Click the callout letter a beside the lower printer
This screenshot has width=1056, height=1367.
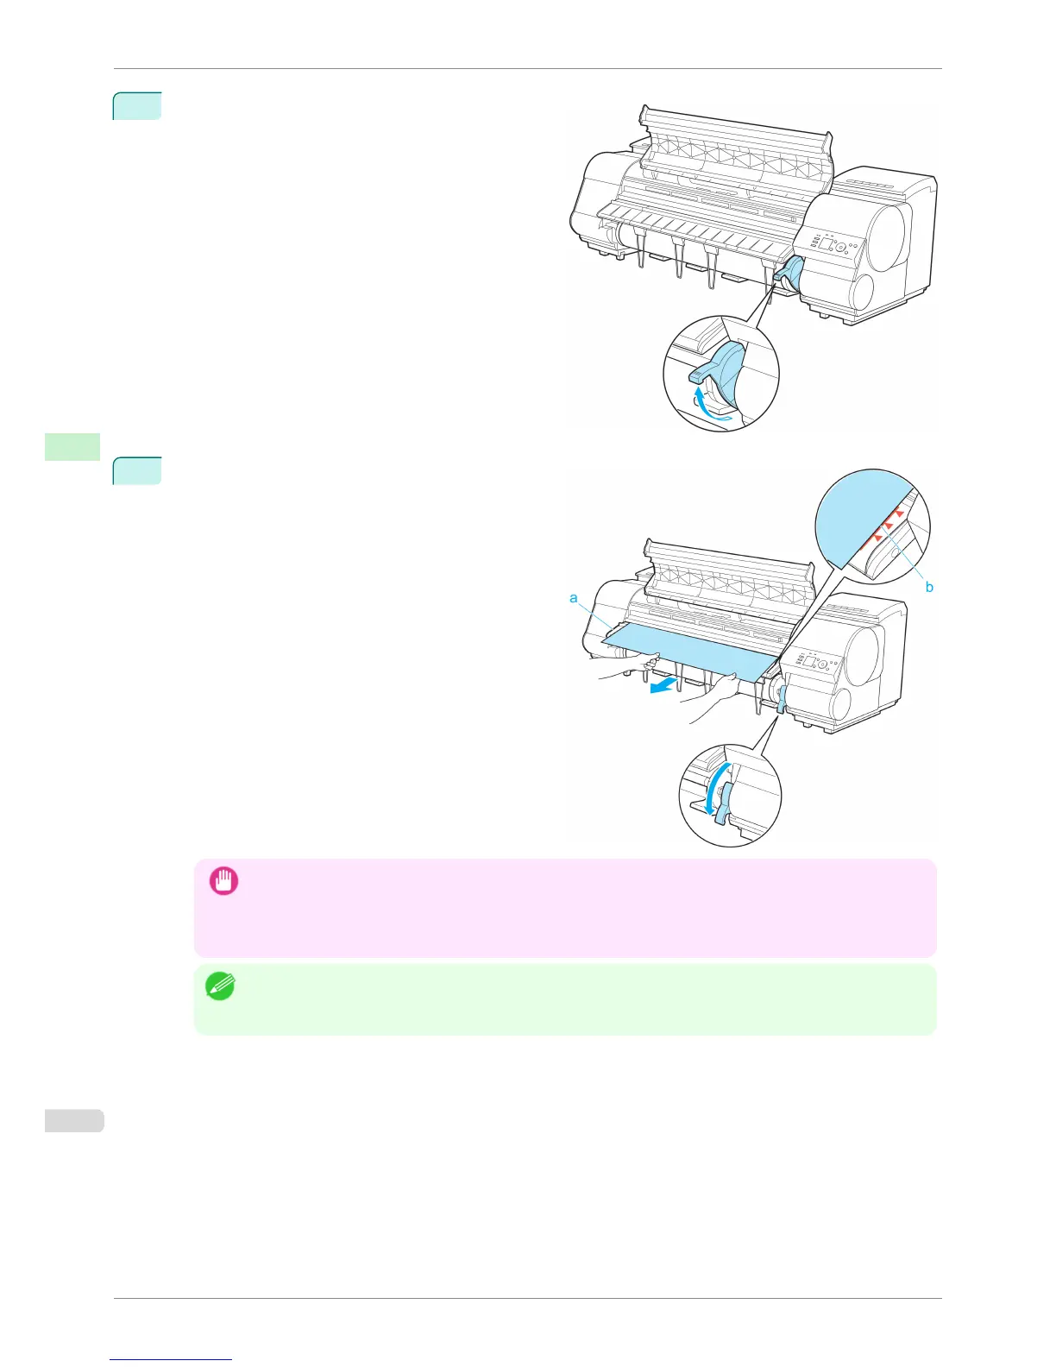(x=574, y=597)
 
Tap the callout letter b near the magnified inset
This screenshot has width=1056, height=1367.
(x=929, y=587)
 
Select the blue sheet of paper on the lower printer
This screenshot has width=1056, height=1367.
(x=682, y=652)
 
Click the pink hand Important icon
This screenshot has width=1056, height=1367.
(x=224, y=880)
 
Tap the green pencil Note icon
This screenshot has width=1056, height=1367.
(x=221, y=986)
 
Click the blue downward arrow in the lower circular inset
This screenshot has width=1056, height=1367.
(x=709, y=790)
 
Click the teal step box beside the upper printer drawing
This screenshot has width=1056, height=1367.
(x=137, y=105)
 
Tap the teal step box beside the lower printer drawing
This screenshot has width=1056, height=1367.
(x=137, y=471)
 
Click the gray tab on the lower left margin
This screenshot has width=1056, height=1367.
(x=73, y=1120)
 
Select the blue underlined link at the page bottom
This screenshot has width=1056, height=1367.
(x=171, y=1360)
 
